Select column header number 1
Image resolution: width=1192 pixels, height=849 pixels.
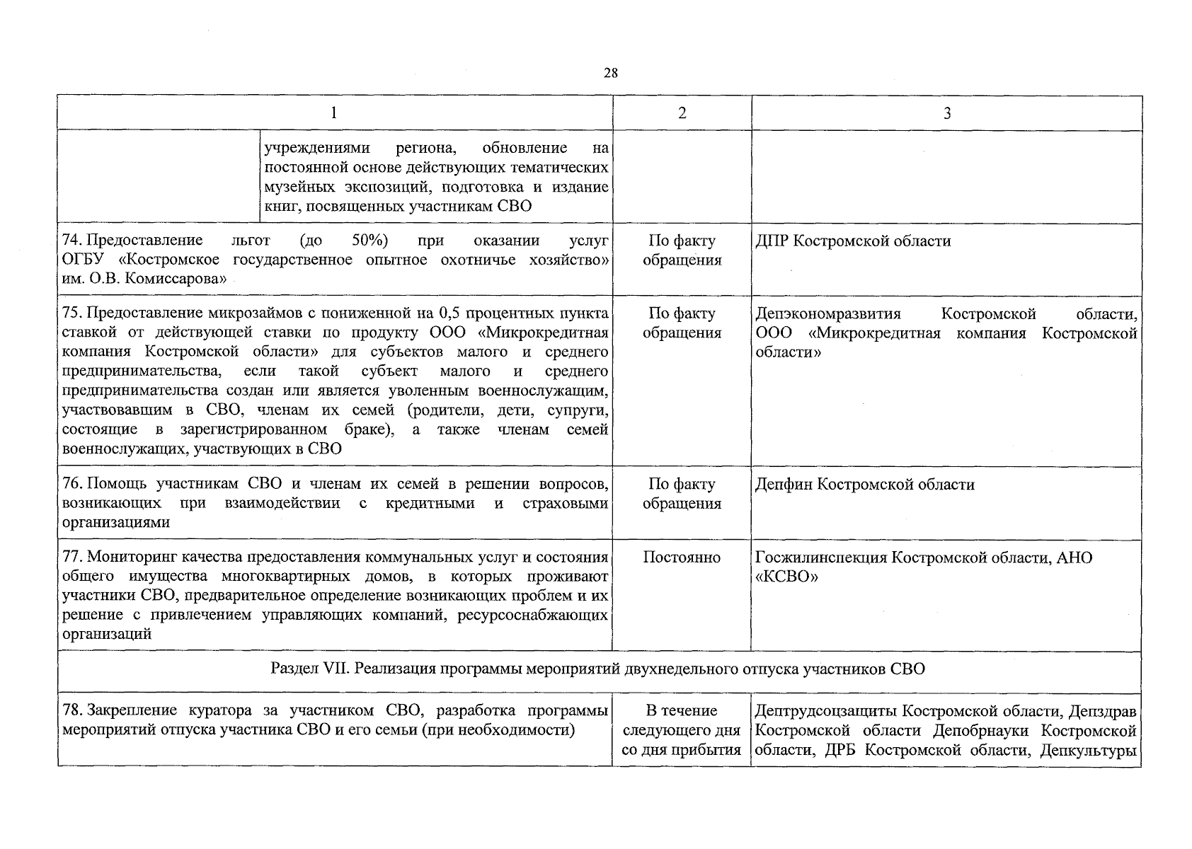pyautogui.click(x=334, y=113)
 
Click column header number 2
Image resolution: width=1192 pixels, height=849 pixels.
pyautogui.click(x=682, y=113)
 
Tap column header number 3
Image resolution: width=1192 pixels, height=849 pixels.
pyautogui.click(x=947, y=113)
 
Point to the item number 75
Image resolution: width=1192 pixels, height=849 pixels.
pyautogui.click(x=71, y=313)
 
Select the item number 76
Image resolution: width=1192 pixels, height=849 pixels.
pyautogui.click(x=71, y=485)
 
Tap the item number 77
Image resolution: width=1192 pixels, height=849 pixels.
pyautogui.click(x=71, y=558)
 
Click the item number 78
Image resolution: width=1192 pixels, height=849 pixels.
pyautogui.click(x=71, y=710)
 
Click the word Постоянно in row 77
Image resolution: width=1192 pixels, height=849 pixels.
pyautogui.click(x=682, y=558)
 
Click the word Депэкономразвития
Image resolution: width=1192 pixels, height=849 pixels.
pyautogui.click(x=828, y=313)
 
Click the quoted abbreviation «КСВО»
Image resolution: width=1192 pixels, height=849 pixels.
pyautogui.click(x=787, y=577)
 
